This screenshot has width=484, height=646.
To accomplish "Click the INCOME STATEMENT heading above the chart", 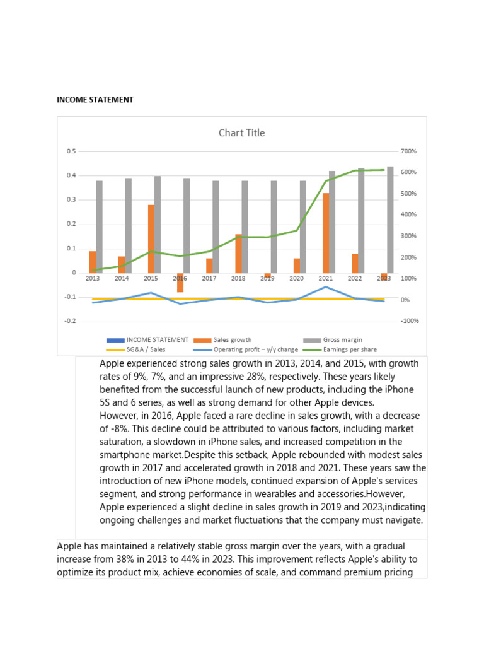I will pyautogui.click(x=95, y=100).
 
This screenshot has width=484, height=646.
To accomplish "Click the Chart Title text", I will pyautogui.click(x=241, y=132).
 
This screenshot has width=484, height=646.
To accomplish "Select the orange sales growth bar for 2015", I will pyautogui.click(x=151, y=238).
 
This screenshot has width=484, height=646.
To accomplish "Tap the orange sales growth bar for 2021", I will pyautogui.click(x=326, y=233).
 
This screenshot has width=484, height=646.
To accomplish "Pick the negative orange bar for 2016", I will pyautogui.click(x=180, y=283).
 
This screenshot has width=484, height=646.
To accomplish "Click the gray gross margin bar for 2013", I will pyautogui.click(x=100, y=226).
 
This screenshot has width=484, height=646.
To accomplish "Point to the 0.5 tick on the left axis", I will pyautogui.click(x=71, y=151).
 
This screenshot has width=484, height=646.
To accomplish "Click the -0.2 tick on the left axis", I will pyautogui.click(x=69, y=321).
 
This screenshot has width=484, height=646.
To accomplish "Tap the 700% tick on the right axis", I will pyautogui.click(x=408, y=151).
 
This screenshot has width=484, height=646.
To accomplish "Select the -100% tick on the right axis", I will pyautogui.click(x=410, y=321).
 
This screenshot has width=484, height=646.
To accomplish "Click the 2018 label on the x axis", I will pyautogui.click(x=238, y=278).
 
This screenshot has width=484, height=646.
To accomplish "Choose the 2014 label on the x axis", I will pyautogui.click(x=122, y=278).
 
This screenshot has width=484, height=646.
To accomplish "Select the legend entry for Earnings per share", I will pyautogui.click(x=349, y=349).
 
